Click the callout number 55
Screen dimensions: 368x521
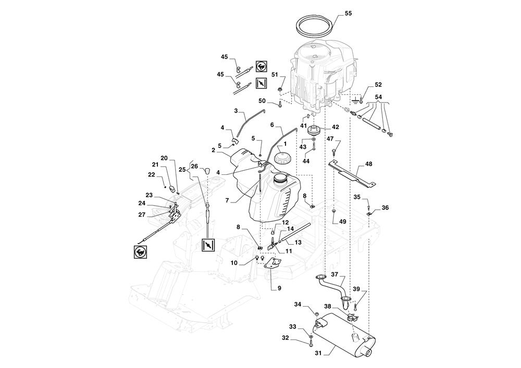click(x=348, y=12)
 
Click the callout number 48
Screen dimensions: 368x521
click(x=368, y=164)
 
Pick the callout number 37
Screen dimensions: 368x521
click(x=334, y=274)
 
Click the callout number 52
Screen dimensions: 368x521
click(x=378, y=84)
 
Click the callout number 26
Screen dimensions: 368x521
click(x=194, y=167)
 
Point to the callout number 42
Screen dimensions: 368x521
click(x=336, y=127)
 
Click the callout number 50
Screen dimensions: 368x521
click(x=262, y=100)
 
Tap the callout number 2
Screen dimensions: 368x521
click(x=214, y=150)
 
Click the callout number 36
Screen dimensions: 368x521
click(x=385, y=208)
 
